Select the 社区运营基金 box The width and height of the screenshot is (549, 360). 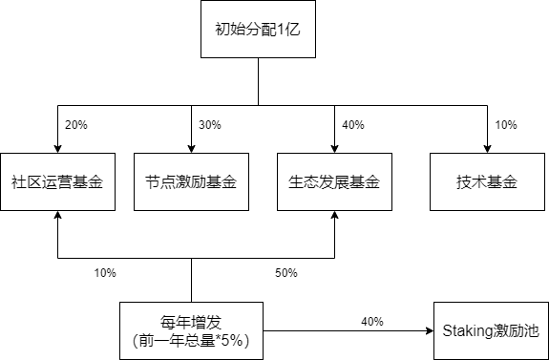pos(57,181)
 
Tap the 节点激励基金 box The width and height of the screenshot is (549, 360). pos(191,181)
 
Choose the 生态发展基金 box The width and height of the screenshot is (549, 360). pos(334,181)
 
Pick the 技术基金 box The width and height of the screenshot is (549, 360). pos(487,181)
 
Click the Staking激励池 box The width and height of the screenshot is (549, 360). pos(491,331)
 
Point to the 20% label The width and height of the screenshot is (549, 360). pos(75,125)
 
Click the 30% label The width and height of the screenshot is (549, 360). pos(209,125)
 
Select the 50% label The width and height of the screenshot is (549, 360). pos(285,273)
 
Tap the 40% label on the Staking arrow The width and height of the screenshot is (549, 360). pos(371,322)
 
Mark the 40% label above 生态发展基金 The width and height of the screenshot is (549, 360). pos(352,125)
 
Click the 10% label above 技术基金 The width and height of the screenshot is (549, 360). pos(505,125)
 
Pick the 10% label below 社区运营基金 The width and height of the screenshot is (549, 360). pos(104,273)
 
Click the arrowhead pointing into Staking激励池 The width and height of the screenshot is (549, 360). pos(428,331)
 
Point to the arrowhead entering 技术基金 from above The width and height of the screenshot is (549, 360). pos(487,148)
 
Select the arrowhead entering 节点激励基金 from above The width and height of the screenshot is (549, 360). pos(191,148)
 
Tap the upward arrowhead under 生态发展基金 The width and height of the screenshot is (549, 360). pos(334,216)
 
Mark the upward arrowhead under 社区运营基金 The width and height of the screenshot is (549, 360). pos(57,216)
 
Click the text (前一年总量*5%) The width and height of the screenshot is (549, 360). pos(192,340)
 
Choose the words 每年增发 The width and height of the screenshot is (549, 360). pos(192,322)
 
